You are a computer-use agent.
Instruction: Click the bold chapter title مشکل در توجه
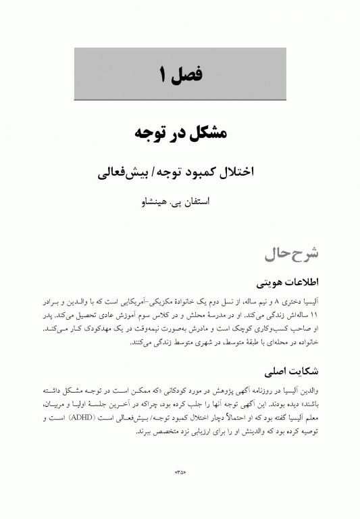(x=180, y=132)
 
